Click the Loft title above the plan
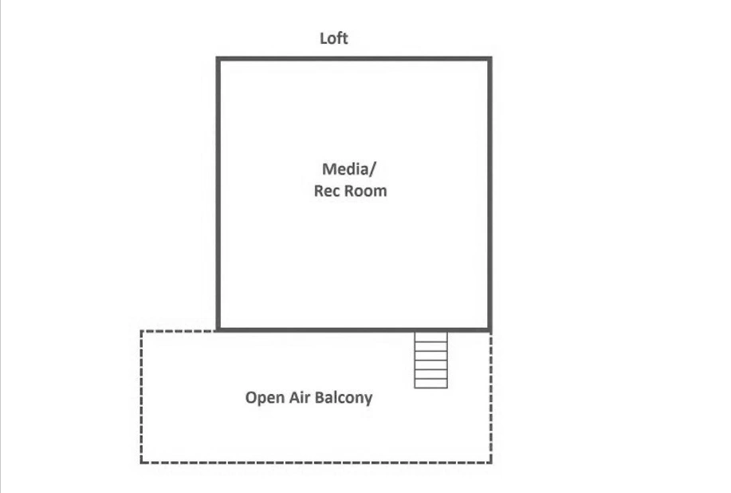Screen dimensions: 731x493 pos(334,38)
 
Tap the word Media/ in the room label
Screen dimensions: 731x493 pos(348,169)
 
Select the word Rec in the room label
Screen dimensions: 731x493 pos(328,191)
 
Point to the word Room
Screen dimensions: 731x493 pos(365,191)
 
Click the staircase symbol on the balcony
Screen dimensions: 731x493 pos(430,360)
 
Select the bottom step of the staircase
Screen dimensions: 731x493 pos(430,384)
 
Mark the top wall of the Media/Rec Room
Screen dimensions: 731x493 pos(354,59)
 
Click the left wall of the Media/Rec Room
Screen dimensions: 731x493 pos(218,194)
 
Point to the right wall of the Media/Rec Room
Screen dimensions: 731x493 pos(490,194)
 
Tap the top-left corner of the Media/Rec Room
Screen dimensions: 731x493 pos(218,59)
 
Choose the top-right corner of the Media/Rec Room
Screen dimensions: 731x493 pos(490,59)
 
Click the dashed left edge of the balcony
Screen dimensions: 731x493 pos(141,397)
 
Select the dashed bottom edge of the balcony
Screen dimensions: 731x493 pos(316,463)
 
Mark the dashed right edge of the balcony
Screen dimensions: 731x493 pos(491,397)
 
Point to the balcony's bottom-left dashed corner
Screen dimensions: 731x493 pos(141,463)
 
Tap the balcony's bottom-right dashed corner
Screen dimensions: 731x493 pos(491,463)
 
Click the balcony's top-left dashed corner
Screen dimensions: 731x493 pos(141,331)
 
